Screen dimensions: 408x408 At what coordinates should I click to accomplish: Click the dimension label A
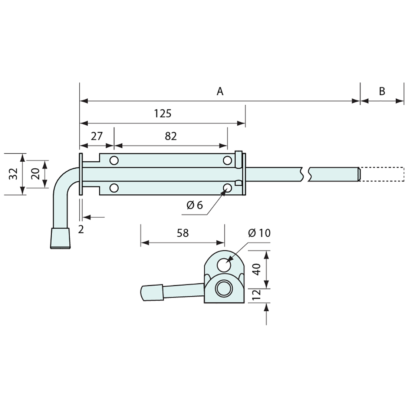220,91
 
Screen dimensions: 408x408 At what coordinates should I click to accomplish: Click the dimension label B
382,91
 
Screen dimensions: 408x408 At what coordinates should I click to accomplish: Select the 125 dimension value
163,113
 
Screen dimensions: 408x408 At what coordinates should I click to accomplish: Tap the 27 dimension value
96,136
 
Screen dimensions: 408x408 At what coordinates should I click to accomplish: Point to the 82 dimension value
171,136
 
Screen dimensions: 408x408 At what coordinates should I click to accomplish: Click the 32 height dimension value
13,174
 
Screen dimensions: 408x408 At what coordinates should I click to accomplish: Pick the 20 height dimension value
35,174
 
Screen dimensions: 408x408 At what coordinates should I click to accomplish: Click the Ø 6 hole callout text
195,205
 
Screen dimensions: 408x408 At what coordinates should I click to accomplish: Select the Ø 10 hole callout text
260,233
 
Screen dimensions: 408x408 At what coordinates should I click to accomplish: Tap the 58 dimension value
182,233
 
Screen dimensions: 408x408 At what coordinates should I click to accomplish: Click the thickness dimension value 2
81,229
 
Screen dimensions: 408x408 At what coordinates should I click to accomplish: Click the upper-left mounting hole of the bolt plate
114,160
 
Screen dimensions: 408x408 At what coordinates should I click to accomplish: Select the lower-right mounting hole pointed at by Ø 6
227,188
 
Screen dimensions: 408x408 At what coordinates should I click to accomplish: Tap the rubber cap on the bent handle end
61,238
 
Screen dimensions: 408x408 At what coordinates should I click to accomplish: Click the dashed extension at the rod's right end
382,174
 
